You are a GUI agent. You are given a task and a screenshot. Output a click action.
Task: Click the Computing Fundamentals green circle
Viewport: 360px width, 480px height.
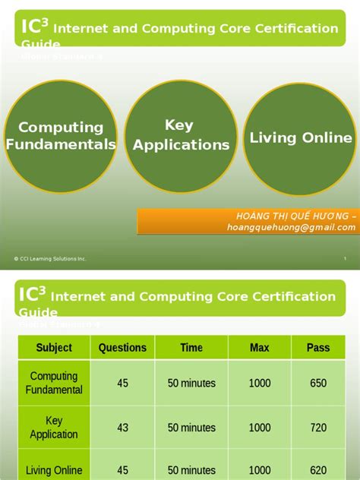click(60, 137)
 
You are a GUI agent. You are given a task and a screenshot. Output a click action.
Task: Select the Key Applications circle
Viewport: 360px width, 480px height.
click(181, 135)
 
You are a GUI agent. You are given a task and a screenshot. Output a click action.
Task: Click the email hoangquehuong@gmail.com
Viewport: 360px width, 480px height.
click(291, 227)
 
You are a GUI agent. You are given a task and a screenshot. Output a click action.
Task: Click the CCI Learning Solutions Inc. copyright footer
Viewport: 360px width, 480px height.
click(50, 259)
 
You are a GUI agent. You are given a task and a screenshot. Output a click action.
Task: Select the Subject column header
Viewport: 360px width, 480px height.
click(54, 347)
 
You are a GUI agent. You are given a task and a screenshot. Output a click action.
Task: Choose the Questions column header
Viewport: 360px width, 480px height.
click(122, 347)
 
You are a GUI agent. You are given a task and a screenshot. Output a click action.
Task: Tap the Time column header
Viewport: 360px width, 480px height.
click(191, 347)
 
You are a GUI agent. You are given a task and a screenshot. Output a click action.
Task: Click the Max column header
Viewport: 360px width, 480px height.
click(259, 347)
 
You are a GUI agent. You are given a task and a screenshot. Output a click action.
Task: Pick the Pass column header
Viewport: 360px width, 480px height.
click(318, 347)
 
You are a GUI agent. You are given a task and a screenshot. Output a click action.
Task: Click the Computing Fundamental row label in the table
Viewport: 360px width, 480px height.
click(54, 383)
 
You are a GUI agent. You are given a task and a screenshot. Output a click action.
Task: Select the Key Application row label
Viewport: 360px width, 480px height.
click(54, 428)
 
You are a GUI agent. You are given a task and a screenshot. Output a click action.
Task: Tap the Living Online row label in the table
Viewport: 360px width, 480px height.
click(54, 471)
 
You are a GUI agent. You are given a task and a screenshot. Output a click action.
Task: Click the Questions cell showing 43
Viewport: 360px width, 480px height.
click(122, 428)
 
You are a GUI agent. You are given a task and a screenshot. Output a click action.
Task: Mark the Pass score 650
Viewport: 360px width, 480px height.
click(318, 383)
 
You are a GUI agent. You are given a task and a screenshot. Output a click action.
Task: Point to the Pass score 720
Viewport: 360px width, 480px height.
click(318, 428)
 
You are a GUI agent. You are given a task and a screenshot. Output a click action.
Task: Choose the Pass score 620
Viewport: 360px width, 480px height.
click(318, 471)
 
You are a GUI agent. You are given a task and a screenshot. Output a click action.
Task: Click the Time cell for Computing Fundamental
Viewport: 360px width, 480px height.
click(191, 383)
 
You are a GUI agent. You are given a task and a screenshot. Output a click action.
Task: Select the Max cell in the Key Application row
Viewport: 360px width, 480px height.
click(259, 428)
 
